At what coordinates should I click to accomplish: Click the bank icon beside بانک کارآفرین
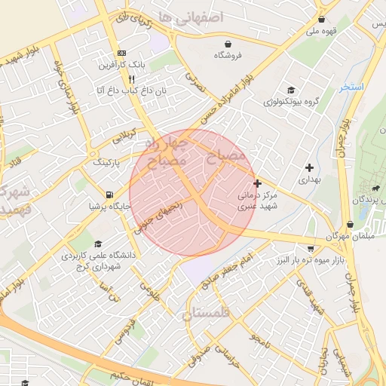click(x=121, y=54)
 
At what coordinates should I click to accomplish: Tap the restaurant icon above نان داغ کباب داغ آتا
click(x=131, y=78)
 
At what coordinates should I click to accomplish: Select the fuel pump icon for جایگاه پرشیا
click(x=111, y=194)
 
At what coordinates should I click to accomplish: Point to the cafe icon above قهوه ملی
click(x=322, y=20)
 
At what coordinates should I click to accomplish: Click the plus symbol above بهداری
click(x=309, y=167)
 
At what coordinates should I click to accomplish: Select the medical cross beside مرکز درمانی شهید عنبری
click(x=258, y=183)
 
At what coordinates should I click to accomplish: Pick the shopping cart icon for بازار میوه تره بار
click(x=311, y=249)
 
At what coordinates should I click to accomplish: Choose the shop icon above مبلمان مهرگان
click(x=350, y=224)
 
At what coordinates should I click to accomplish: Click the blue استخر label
click(x=351, y=87)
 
